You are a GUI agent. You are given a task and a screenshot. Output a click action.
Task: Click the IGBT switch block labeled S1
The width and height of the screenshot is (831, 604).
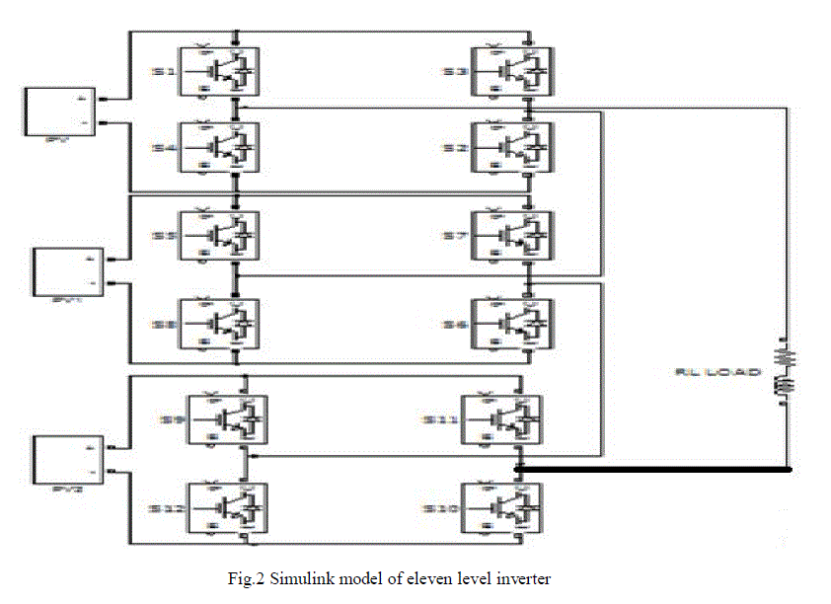point(218,71)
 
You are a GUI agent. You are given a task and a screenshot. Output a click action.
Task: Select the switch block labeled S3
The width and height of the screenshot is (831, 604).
point(511,71)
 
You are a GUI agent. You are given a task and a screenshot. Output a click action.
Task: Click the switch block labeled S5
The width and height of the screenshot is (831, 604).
point(218,238)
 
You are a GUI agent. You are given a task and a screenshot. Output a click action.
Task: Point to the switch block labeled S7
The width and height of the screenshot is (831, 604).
point(511,238)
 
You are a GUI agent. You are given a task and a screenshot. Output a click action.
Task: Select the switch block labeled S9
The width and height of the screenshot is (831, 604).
point(228,419)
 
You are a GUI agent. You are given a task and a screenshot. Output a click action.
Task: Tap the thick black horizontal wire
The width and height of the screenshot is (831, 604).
point(651,471)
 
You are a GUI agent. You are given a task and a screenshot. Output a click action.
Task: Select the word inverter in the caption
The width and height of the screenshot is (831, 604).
point(526,578)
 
